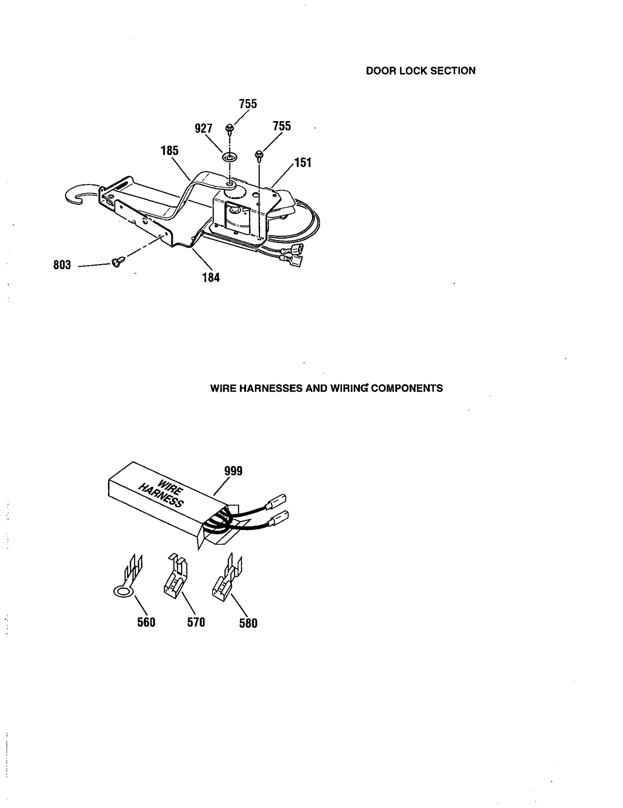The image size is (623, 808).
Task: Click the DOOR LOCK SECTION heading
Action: pyautogui.click(x=421, y=71)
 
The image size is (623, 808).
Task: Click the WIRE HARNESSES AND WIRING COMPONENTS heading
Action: pyautogui.click(x=326, y=388)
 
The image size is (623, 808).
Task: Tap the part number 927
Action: pyautogui.click(x=204, y=128)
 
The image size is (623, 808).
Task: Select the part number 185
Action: pyautogui.click(x=169, y=151)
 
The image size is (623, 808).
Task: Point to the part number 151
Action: pyautogui.click(x=303, y=162)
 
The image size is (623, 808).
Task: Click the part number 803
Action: pyautogui.click(x=62, y=265)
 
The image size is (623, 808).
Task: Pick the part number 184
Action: pyautogui.click(x=211, y=278)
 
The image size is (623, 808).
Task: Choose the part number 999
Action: pyautogui.click(x=233, y=471)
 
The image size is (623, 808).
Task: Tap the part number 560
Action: pyautogui.click(x=146, y=622)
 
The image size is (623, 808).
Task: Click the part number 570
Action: pyautogui.click(x=196, y=622)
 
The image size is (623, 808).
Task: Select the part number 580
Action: pyautogui.click(x=248, y=623)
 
